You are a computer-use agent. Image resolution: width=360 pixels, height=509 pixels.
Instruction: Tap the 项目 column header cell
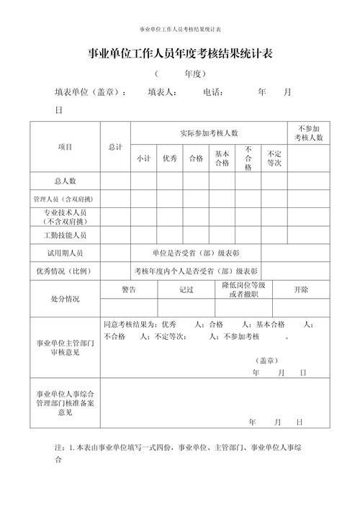(x=65, y=147)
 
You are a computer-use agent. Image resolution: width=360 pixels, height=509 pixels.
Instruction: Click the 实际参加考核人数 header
(x=210, y=133)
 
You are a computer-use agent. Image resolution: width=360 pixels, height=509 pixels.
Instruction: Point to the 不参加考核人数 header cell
(x=309, y=132)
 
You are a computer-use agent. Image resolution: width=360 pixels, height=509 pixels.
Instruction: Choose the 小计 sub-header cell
(x=143, y=159)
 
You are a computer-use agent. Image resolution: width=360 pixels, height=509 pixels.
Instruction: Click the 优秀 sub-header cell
(x=170, y=159)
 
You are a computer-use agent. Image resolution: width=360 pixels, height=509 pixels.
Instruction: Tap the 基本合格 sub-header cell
(x=222, y=159)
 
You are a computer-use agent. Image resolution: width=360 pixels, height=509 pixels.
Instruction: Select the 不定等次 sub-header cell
(x=274, y=159)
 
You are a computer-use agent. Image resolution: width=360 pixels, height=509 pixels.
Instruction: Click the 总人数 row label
(x=65, y=181)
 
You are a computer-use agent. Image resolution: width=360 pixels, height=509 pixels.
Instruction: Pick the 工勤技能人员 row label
(x=65, y=235)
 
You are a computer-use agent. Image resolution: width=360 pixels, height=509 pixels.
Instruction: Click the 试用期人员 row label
(x=65, y=253)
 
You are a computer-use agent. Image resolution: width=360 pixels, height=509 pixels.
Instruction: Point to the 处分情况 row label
(x=65, y=298)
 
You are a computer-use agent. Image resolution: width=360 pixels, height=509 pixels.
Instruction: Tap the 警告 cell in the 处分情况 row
(x=129, y=289)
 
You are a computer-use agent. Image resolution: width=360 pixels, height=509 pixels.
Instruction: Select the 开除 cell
(x=301, y=289)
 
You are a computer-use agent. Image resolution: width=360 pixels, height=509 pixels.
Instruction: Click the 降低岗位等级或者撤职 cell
(x=243, y=289)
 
